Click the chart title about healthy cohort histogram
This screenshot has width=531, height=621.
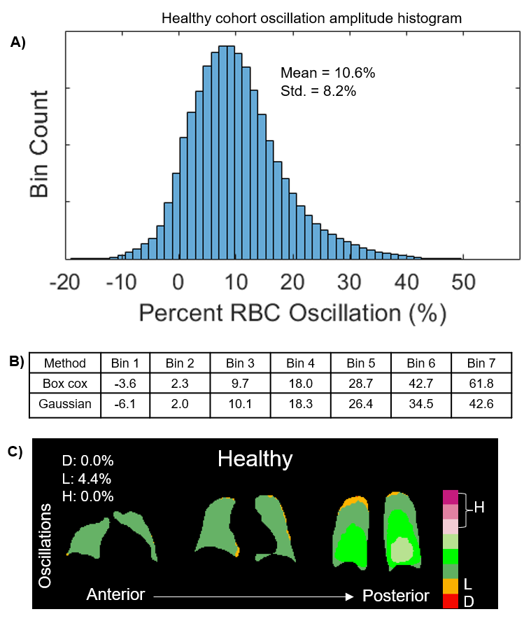click(311, 18)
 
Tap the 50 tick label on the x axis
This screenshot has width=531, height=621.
click(461, 283)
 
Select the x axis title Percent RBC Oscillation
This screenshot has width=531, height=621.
click(292, 312)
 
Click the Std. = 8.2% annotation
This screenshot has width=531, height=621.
click(318, 90)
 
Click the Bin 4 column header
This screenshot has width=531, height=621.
click(297, 363)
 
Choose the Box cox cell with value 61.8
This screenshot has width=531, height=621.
click(481, 384)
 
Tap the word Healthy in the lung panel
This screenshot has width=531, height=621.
click(255, 459)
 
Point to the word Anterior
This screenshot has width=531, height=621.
click(115, 595)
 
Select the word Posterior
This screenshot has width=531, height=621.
click(395, 596)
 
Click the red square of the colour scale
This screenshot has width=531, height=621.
click(449, 601)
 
